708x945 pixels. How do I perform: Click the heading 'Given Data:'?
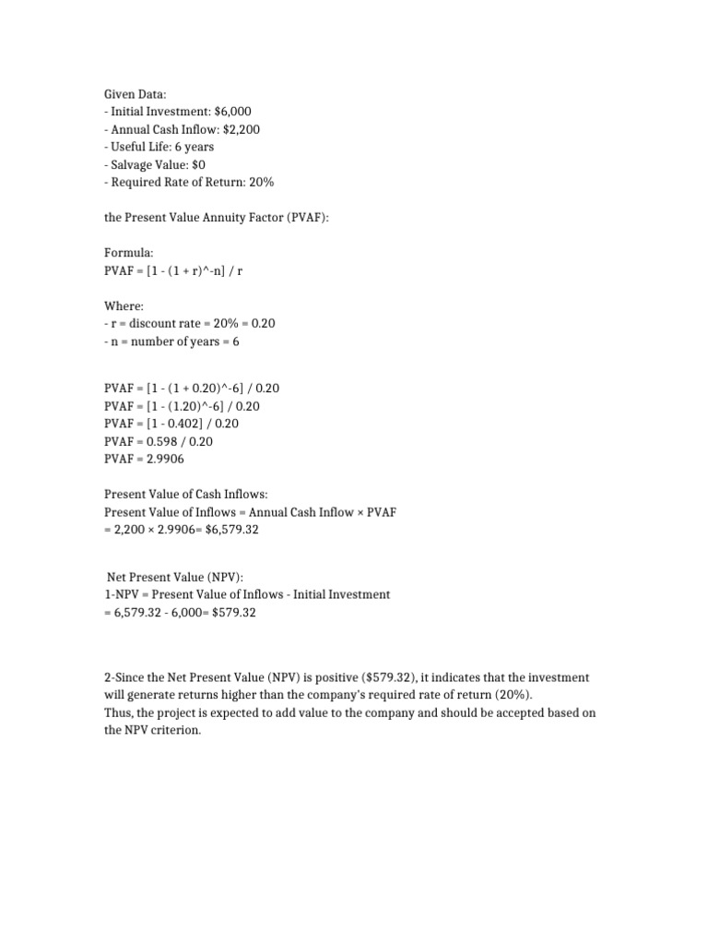coord(134,93)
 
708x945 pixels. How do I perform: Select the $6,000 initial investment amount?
coord(232,111)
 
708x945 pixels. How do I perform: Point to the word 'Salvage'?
coord(132,164)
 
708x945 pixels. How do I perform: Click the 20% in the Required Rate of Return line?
coord(260,182)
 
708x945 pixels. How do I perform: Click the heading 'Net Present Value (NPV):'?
coord(175,577)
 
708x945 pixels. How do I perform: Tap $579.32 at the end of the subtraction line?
coord(226,612)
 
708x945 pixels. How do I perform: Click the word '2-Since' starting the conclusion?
coord(126,677)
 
